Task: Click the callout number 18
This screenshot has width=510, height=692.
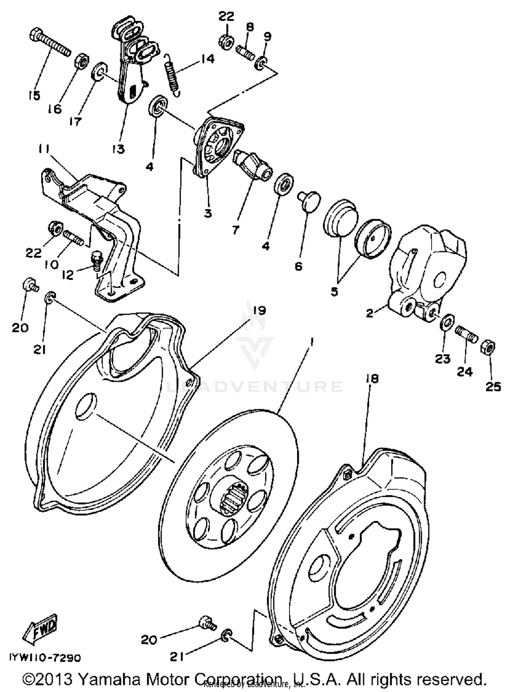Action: [373, 379]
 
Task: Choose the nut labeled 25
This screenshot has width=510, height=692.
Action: [488, 348]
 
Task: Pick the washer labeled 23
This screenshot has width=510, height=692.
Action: [447, 321]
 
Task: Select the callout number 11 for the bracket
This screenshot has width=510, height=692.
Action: [44, 149]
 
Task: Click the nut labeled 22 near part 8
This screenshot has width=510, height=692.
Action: [225, 41]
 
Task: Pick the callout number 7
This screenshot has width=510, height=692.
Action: [236, 229]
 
